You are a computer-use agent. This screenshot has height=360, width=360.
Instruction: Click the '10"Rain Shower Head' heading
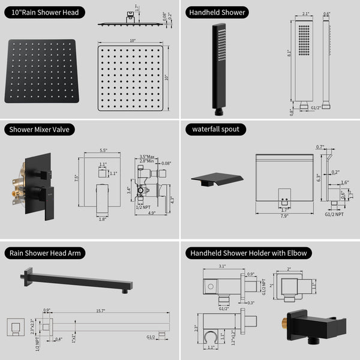(x=43, y=12)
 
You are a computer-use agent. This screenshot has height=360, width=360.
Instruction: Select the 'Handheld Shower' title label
(x=217, y=12)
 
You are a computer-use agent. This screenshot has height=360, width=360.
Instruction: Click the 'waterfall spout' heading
(x=215, y=129)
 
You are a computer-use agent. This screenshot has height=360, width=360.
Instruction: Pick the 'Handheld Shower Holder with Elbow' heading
(x=248, y=253)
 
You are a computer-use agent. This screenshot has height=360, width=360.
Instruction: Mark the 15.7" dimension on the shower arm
(x=100, y=311)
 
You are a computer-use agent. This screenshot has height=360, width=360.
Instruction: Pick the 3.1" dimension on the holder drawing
(x=221, y=266)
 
